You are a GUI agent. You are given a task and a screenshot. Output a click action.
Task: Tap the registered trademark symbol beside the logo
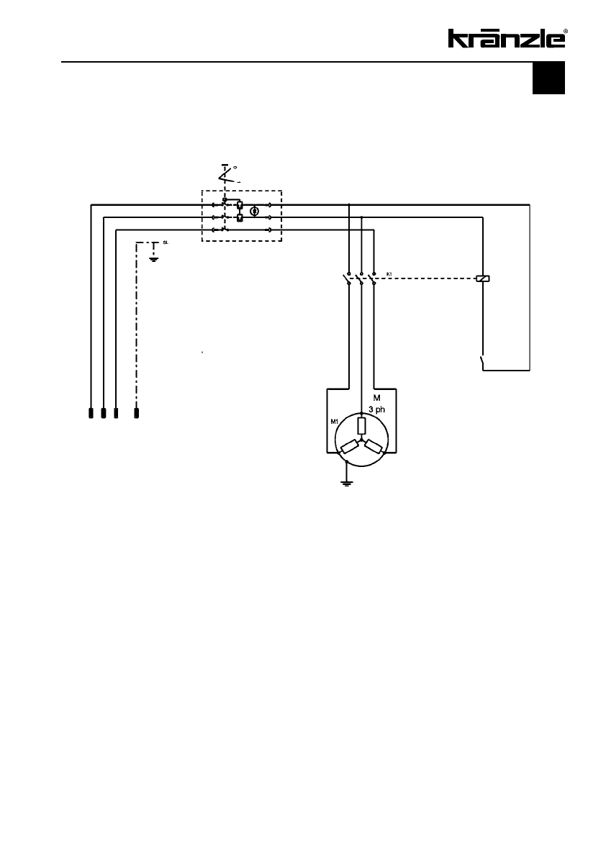pyautogui.click(x=566, y=32)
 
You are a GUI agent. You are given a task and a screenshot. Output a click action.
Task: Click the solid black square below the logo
pyautogui.click(x=548, y=78)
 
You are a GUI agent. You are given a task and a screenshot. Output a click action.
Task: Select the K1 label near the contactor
pyautogui.click(x=389, y=274)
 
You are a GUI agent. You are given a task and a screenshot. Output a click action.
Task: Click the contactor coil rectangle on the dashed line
pyautogui.click(x=483, y=278)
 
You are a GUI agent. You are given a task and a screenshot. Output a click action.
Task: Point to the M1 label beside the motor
pyautogui.click(x=335, y=422)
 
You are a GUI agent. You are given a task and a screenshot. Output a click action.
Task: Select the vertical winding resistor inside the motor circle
pyautogui.click(x=361, y=425)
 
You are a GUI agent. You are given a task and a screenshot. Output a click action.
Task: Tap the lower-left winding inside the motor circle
pyautogui.click(x=350, y=447)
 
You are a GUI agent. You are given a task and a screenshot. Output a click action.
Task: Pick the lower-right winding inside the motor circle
pyautogui.click(x=373, y=447)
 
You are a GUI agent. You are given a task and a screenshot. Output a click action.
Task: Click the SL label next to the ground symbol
pyautogui.click(x=166, y=243)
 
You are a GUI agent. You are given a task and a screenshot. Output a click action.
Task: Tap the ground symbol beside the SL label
pyautogui.click(x=153, y=256)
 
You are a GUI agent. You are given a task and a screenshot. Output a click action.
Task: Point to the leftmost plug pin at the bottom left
pyautogui.click(x=91, y=413)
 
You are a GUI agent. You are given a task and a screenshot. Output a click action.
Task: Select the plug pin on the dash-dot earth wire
pyautogui.click(x=137, y=413)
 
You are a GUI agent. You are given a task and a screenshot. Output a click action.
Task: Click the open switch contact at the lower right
pyautogui.click(x=481, y=361)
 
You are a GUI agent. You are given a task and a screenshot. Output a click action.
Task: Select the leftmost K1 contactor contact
pyautogui.click(x=348, y=278)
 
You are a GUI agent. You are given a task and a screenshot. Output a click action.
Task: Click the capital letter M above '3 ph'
pyautogui.click(x=376, y=397)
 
